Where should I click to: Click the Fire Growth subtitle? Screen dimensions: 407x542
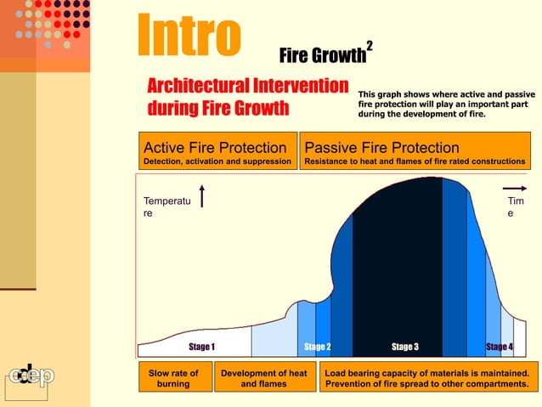[322, 57]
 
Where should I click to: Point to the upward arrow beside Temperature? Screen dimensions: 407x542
[201, 195]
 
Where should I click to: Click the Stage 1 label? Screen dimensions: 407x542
[201, 347]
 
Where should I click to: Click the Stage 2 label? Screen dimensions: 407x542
[317, 347]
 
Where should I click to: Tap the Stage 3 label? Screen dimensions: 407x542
[404, 347]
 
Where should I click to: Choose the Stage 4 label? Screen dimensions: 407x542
[499, 347]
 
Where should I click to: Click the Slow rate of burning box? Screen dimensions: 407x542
[173, 378]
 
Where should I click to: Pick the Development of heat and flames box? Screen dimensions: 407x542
[263, 378]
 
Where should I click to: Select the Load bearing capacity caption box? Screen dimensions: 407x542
[426, 378]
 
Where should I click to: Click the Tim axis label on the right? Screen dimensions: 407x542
[516, 201]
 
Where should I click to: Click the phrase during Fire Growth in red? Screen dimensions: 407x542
[218, 110]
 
